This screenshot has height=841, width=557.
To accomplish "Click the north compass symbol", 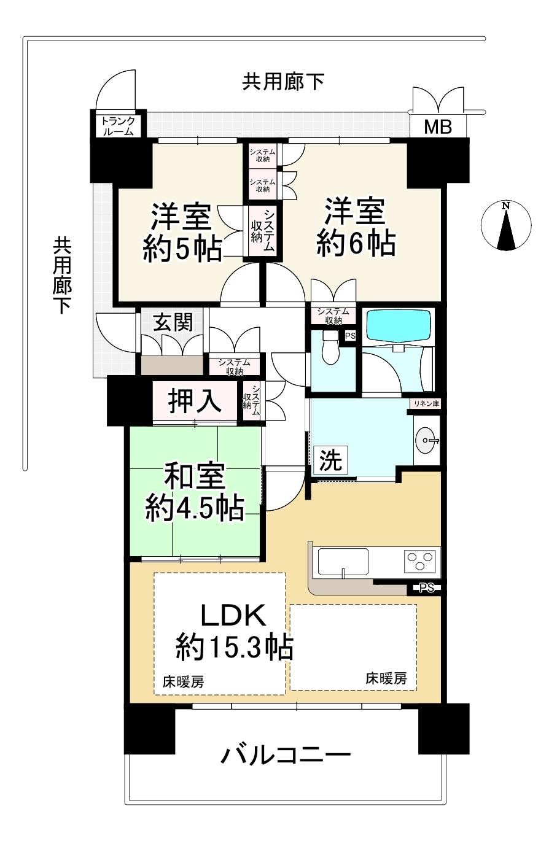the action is point(506,226).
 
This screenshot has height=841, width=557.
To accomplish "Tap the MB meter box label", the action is point(438,128).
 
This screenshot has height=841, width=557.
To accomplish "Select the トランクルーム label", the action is point(118,126).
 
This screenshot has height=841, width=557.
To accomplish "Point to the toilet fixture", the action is point(330,347).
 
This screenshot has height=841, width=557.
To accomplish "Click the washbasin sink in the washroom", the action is point(426,440).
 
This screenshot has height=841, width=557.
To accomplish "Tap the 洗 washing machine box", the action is point(330,460).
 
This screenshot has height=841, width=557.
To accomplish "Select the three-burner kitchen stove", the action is point(419,561).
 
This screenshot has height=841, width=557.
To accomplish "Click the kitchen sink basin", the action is point(343,561).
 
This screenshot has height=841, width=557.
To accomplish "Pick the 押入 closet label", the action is point(194,401).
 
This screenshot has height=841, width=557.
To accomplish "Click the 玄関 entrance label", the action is point(173,322).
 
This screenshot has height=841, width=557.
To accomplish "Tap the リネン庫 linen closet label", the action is point(427,404).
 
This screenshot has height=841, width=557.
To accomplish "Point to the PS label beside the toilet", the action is point(350,336).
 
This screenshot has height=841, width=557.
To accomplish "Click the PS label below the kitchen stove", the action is point(426,587).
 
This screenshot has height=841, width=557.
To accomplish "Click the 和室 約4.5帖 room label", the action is point(195,492).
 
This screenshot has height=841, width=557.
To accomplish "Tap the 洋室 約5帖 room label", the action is point(181,233).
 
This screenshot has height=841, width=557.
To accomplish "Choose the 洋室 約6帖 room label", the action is point(356,227).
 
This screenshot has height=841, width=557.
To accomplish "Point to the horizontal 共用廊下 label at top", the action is point(283,82).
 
